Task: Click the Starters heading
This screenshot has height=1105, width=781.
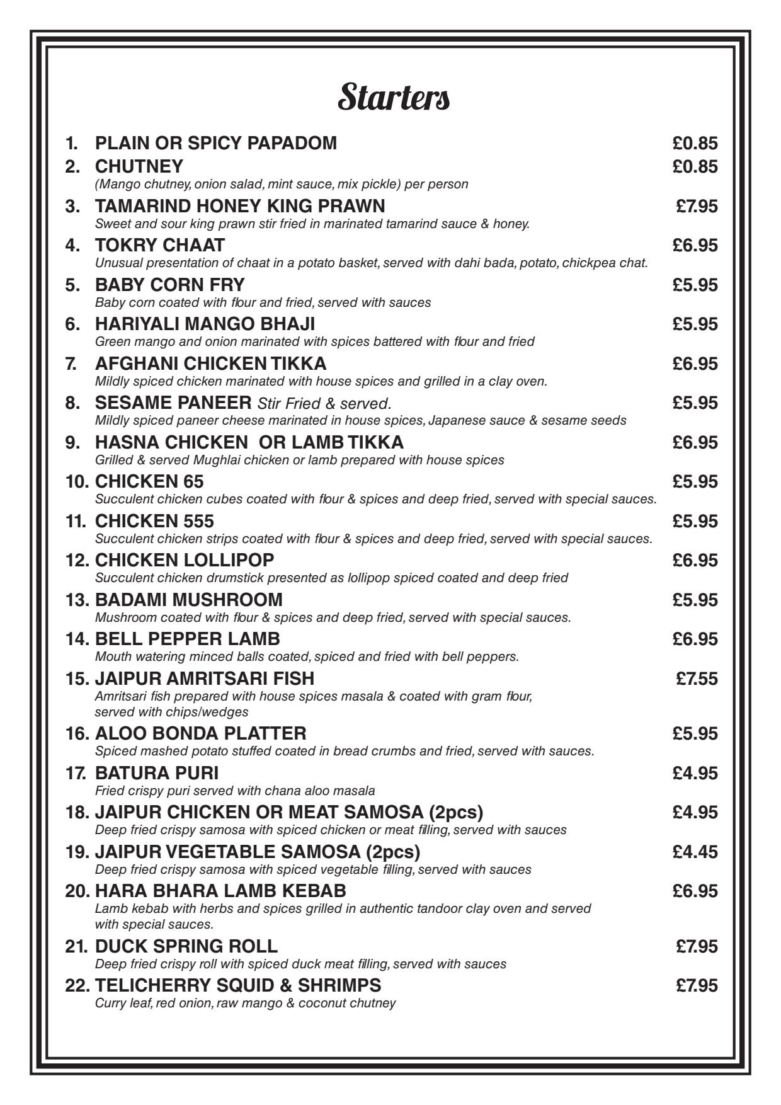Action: tap(394, 98)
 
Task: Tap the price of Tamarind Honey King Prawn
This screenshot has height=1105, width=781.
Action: tap(697, 207)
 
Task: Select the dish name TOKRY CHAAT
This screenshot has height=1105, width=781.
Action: tap(160, 245)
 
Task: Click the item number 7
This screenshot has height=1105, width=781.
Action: tap(73, 364)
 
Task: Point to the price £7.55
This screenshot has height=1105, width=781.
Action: tap(697, 678)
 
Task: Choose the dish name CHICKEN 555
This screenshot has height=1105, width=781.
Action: tap(154, 521)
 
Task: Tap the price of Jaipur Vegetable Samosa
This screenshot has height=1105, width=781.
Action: tap(695, 852)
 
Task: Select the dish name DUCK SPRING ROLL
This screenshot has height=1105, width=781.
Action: tap(186, 946)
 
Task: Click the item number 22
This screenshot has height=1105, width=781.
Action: tap(77, 985)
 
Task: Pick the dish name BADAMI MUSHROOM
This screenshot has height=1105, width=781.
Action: tap(188, 600)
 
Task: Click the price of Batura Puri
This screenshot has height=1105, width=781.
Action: tap(695, 773)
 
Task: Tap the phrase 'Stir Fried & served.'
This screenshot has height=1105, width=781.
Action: tap(324, 403)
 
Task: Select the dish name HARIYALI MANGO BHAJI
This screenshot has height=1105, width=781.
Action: tap(205, 324)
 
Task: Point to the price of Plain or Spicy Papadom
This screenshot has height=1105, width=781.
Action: tap(695, 144)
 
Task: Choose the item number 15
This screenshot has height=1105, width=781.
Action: tap(77, 678)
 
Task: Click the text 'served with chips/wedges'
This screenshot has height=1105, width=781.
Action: tap(171, 713)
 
